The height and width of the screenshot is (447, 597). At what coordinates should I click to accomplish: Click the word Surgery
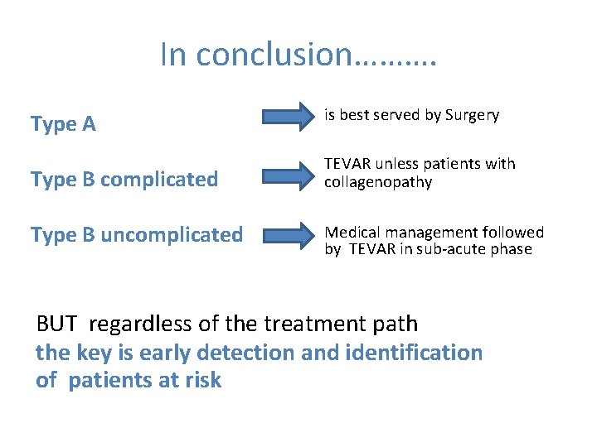[x=473, y=116]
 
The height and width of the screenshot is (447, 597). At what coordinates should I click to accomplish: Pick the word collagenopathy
[x=378, y=182]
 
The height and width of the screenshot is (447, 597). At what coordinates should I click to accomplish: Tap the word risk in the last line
[x=204, y=381]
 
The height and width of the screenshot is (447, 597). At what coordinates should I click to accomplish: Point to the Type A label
[x=63, y=125]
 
